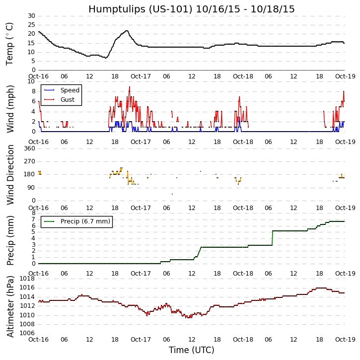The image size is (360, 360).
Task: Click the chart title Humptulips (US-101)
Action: [191, 9]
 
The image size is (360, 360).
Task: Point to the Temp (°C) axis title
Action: [10, 43]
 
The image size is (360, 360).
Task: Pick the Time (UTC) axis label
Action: [191, 350]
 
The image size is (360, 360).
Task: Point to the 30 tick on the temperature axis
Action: [31, 16]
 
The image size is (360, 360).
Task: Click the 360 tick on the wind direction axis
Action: [29, 148]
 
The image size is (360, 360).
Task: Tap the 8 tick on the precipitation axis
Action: [33, 213]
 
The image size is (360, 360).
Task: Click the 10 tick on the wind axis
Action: [31, 81]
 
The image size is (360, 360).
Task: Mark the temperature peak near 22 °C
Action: [127, 31]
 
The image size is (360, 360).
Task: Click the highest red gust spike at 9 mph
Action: [130, 87]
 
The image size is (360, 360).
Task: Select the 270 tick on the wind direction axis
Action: [29, 161]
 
